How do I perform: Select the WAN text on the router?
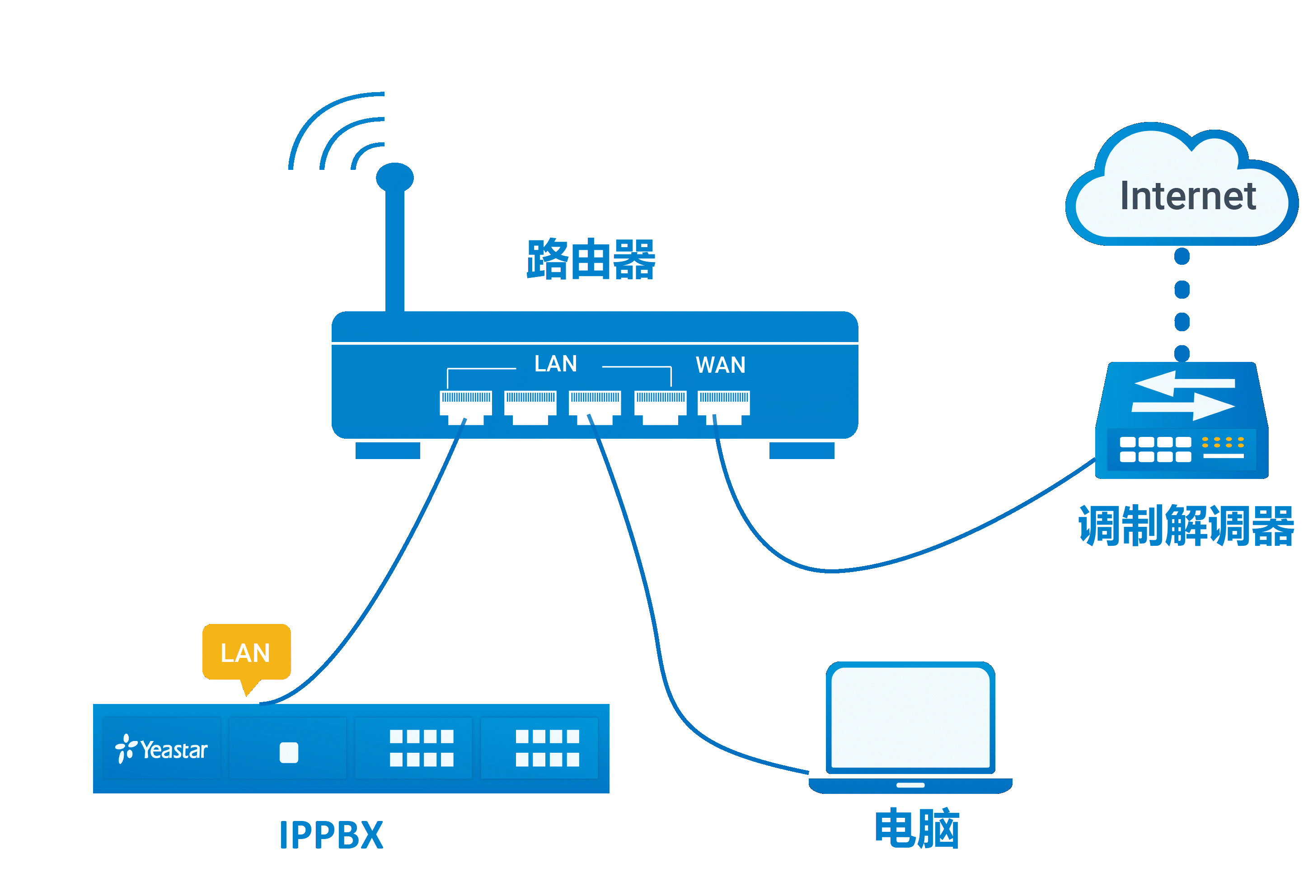tap(720, 365)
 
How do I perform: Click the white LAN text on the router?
tap(555, 364)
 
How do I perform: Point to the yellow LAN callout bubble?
tap(246, 652)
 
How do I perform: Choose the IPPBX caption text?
tap(331, 835)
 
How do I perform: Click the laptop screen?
tap(910, 718)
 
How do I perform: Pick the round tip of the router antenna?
tap(395, 178)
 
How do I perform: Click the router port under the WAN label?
tap(724, 407)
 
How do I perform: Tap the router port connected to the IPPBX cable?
tap(465, 407)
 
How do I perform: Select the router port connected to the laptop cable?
tap(595, 407)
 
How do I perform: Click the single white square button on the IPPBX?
tap(289, 752)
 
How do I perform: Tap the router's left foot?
tap(388, 450)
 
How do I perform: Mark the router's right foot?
tap(802, 450)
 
